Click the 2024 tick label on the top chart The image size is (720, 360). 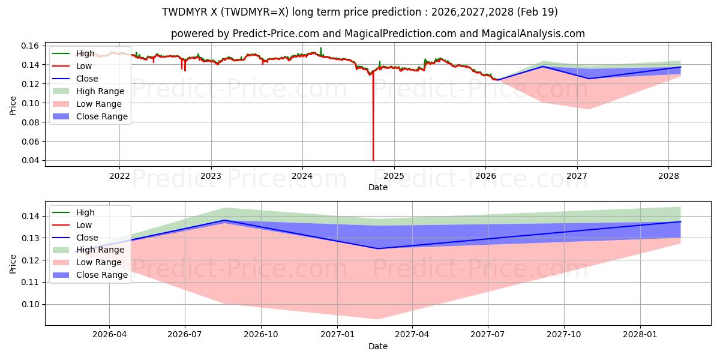point(302,176)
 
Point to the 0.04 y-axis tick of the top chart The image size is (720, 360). point(30,160)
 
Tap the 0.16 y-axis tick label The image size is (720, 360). point(30,46)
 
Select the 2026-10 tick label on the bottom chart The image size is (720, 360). point(261,335)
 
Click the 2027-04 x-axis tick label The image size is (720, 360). point(412,335)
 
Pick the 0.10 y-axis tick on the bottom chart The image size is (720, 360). point(30,304)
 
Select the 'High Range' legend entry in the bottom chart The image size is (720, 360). point(89,250)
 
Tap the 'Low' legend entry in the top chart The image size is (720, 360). point(73,66)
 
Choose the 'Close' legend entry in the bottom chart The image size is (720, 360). point(75,238)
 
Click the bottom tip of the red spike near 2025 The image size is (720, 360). point(373,160)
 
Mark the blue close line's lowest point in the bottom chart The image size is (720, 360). point(377,248)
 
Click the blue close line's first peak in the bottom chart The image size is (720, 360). point(224,220)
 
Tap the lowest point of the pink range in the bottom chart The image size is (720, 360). point(377,319)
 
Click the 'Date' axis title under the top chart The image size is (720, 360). point(377,187)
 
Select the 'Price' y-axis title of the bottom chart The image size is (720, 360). point(13,264)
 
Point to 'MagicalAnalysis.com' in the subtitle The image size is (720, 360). point(533,34)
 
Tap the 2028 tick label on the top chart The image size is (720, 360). point(668,176)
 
